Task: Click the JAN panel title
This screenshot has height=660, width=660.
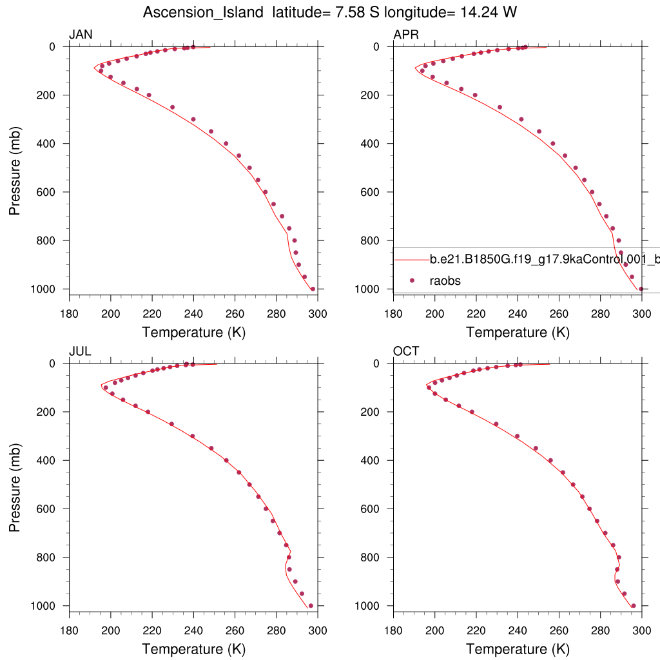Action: coord(81,35)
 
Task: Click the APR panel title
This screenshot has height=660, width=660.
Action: coord(406,35)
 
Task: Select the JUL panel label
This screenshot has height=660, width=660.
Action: coord(81,351)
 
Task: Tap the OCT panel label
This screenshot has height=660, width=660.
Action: coord(406,351)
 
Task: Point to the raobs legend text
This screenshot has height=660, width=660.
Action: coord(445,280)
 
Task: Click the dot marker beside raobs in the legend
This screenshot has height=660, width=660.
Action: coord(412,280)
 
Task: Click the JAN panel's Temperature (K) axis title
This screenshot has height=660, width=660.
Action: coord(193,333)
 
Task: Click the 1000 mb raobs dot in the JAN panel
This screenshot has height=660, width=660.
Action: coord(313,289)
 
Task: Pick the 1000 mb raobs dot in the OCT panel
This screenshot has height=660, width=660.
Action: coord(634,606)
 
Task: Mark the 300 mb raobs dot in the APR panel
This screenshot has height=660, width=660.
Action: coord(521,119)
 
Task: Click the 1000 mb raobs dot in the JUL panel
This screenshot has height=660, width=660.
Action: coord(311,606)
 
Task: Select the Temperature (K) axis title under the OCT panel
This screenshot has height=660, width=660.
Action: coord(518,649)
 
